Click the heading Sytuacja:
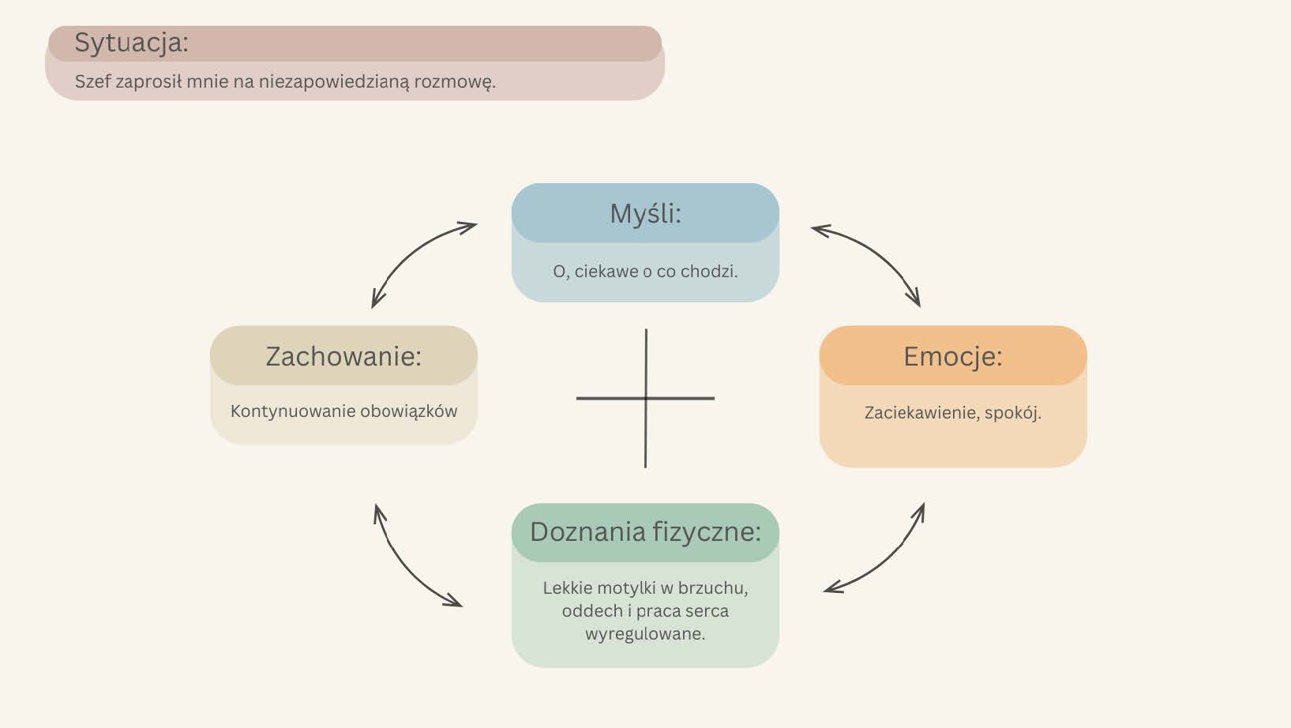coord(131,43)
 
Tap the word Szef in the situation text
coord(92,81)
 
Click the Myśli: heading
coord(645,213)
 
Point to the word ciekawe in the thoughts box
coord(606,272)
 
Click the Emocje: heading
coord(952,356)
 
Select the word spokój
coord(1013,413)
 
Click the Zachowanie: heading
coord(343,356)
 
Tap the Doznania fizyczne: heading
coord(645,532)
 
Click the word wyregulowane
coord(645,634)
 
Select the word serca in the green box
coord(707,611)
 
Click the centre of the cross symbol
coord(646,398)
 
